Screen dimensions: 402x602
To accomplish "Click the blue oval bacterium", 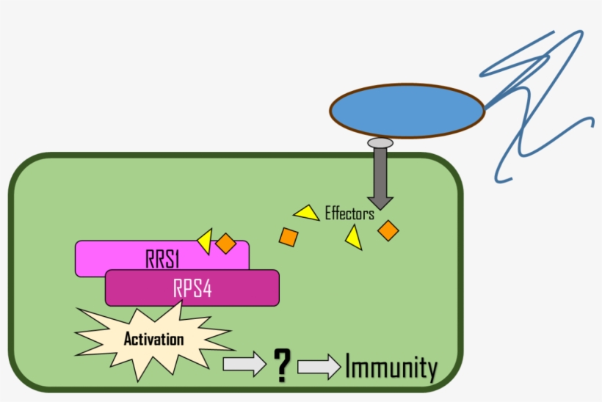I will (407, 111).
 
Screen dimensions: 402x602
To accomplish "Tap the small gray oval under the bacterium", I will (380, 142).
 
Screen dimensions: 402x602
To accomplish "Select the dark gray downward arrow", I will (380, 176).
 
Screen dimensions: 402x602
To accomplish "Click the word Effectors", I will (349, 214).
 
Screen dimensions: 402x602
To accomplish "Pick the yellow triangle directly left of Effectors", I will (307, 213).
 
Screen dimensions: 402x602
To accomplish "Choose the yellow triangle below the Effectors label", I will (354, 238).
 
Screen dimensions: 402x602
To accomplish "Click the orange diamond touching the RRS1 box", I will (225, 243).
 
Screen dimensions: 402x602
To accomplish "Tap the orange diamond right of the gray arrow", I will (388, 230).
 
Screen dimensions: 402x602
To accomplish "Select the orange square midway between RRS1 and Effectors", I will (289, 237).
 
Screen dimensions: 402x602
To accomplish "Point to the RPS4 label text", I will (192, 288).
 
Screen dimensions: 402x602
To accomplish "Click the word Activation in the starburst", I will (153, 340).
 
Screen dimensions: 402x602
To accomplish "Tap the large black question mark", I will (280, 365).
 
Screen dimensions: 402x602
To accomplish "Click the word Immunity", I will (391, 368).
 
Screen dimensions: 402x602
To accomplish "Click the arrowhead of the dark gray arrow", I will (380, 200).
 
